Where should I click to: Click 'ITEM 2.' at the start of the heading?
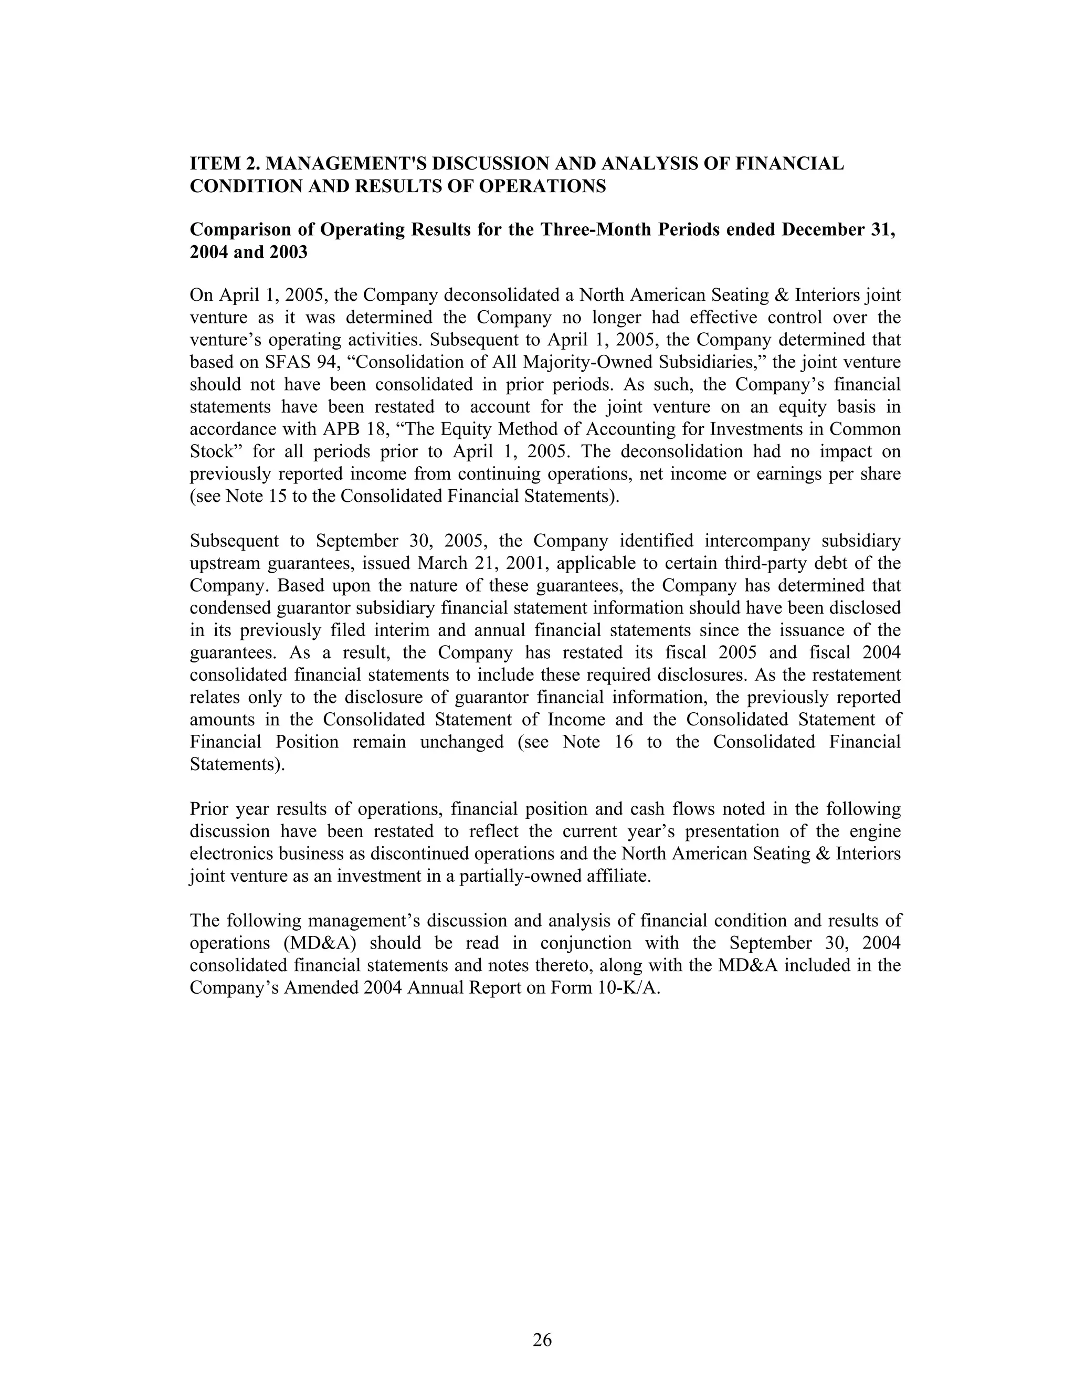tap(224, 164)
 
